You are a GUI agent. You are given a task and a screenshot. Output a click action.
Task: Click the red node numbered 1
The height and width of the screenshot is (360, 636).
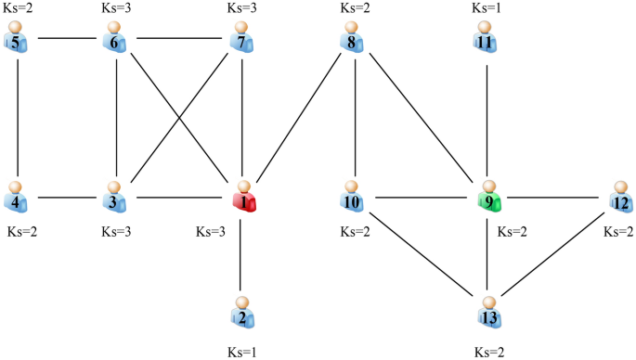click(x=243, y=198)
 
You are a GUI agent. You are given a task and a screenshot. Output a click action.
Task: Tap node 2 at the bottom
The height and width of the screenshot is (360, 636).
click(x=243, y=315)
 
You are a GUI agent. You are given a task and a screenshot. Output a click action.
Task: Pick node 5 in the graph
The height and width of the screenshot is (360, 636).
click(x=16, y=42)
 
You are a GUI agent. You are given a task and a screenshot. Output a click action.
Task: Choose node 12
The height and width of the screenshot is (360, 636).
click(x=620, y=199)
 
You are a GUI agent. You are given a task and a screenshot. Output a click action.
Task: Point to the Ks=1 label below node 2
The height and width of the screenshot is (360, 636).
click(x=243, y=353)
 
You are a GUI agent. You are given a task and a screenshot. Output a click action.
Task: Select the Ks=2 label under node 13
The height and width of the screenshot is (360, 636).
click(x=488, y=353)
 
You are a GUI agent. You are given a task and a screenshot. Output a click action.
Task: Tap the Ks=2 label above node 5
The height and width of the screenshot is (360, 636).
click(x=19, y=7)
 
